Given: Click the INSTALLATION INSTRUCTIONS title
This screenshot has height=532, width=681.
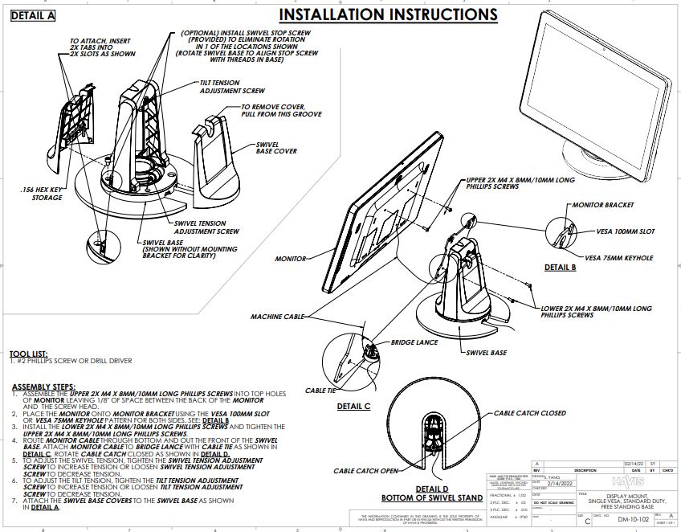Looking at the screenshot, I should pos(388,14).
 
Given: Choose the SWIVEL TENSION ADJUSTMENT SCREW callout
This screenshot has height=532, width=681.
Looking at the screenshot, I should pos(206,227).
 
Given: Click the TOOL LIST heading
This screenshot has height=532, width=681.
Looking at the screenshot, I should pos(28,354).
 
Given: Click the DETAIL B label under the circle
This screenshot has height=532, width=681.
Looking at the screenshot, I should pos(560,268).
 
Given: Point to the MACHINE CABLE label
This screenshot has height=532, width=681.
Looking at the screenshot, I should pos(277,317).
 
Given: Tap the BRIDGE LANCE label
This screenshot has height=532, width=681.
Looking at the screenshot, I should pos(414,342).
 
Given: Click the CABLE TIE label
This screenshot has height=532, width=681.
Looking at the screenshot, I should pos(320,391).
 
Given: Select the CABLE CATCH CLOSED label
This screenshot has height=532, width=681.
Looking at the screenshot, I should pos(529,413).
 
